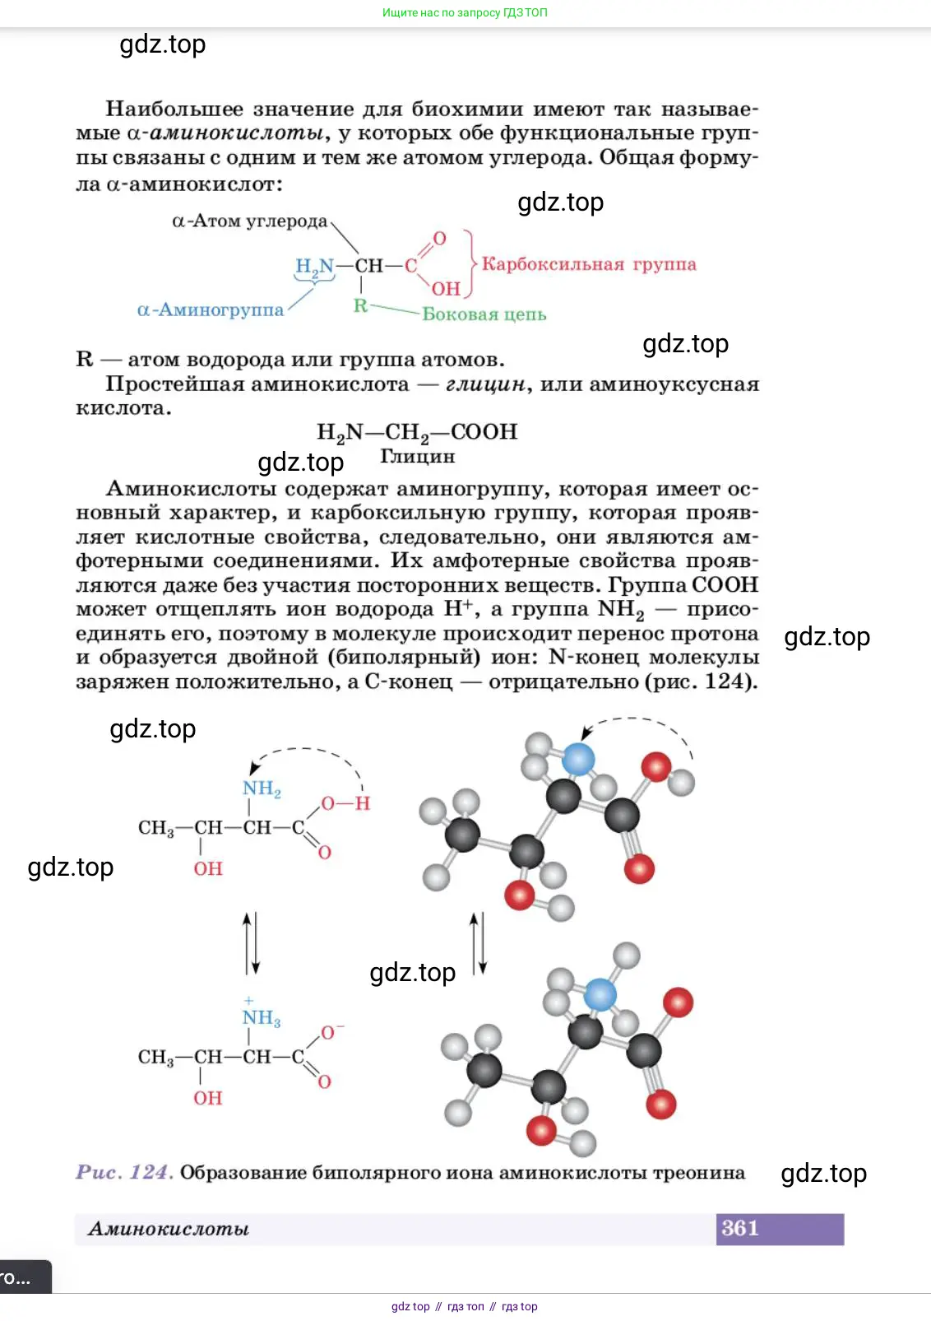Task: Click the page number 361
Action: (x=739, y=1228)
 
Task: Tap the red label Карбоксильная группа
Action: (x=589, y=264)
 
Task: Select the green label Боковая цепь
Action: (x=484, y=314)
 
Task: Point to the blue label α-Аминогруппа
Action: (x=211, y=310)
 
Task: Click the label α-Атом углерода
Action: (x=249, y=221)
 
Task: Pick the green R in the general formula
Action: (x=360, y=306)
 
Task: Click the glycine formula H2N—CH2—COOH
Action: (x=417, y=432)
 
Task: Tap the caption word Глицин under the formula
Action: (x=417, y=456)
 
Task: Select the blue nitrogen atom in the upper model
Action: (x=578, y=759)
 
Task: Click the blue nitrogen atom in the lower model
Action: (x=600, y=995)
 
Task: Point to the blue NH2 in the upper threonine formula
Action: (x=262, y=788)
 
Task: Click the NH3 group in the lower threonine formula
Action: (x=262, y=1018)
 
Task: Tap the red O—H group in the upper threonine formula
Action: (x=345, y=803)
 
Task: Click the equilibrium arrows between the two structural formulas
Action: (x=252, y=942)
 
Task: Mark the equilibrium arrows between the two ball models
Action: (x=479, y=942)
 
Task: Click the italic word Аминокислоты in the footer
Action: (x=169, y=1229)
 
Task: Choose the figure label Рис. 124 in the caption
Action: (x=124, y=1172)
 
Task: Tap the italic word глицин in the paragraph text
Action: (x=485, y=384)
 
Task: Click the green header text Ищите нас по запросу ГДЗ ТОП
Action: (x=465, y=12)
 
